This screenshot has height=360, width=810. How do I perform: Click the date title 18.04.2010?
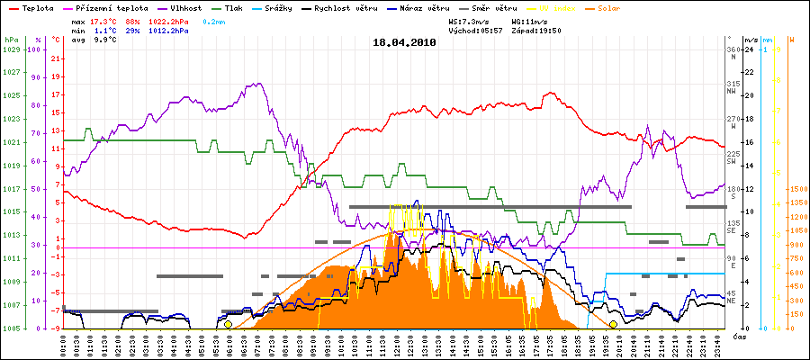coord(404,41)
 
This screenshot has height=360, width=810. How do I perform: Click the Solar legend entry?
coord(622,8)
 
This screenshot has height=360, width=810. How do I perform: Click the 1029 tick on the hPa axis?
coord(11,49)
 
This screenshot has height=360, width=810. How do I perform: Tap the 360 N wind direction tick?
coord(733,53)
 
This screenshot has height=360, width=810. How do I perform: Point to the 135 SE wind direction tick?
coord(733,227)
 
